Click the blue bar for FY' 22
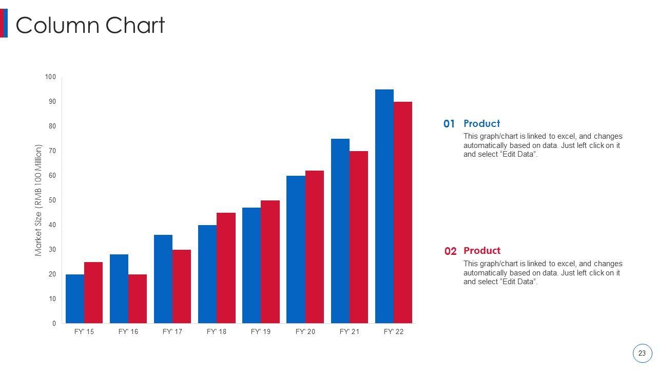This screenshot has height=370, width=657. tap(384, 206)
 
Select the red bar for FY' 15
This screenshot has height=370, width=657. tap(93, 292)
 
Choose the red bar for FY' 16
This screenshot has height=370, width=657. tap(138, 299)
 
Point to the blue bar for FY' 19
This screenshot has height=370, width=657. tap(252, 265)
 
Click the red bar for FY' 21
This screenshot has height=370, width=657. tap(358, 237)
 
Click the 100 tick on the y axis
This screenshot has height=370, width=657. tap(50, 77)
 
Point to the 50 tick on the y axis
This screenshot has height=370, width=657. tap(52, 200)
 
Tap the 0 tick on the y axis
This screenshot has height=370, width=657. tap(54, 324)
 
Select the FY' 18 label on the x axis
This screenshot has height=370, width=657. tap(216, 332)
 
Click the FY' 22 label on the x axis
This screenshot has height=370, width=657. tap(394, 332)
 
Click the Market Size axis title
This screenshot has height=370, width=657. tap(38, 200)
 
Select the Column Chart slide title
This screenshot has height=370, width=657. tap(90, 25)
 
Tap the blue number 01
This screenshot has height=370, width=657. tap(449, 124)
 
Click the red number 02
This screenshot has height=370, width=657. tap(450, 251)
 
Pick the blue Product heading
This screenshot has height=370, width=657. tap(481, 123)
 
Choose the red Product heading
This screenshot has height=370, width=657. tap(481, 251)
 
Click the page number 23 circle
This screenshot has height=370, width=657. tap(642, 354)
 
